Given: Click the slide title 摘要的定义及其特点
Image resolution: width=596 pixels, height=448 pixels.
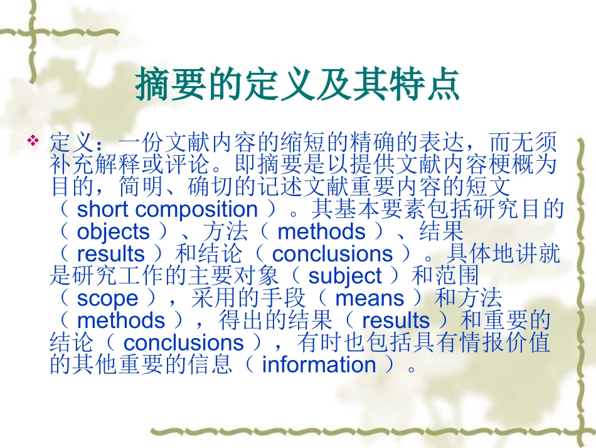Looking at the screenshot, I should point(298,85).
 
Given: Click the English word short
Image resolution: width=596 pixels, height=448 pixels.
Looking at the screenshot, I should point(104,209).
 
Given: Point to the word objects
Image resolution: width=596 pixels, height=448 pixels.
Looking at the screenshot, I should point(113,231).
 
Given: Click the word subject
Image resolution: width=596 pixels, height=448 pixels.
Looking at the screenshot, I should point(345,276).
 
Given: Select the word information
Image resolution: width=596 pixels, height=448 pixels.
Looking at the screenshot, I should point(319,364).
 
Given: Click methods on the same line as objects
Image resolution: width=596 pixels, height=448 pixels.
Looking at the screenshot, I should point(321,231).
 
